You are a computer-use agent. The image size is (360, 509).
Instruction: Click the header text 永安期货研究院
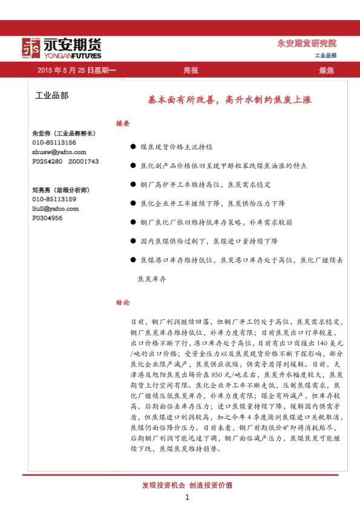point(306,44)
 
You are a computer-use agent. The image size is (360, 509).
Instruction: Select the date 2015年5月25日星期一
point(77,71)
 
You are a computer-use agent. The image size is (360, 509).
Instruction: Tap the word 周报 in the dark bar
point(191,71)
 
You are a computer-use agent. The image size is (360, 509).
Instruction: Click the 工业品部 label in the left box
point(52,96)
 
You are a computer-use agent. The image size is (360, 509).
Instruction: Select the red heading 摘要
point(122,123)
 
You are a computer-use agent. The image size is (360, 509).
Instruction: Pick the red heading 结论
point(122,302)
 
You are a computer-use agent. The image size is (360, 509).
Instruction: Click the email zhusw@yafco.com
point(59,152)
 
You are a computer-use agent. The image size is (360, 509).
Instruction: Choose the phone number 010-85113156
point(54,143)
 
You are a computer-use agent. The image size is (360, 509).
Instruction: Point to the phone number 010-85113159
point(54,199)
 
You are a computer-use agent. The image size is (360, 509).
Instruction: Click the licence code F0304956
point(47,218)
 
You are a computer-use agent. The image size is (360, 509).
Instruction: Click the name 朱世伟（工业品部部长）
point(64,133)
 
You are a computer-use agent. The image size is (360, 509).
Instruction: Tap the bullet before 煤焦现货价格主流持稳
point(133,147)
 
